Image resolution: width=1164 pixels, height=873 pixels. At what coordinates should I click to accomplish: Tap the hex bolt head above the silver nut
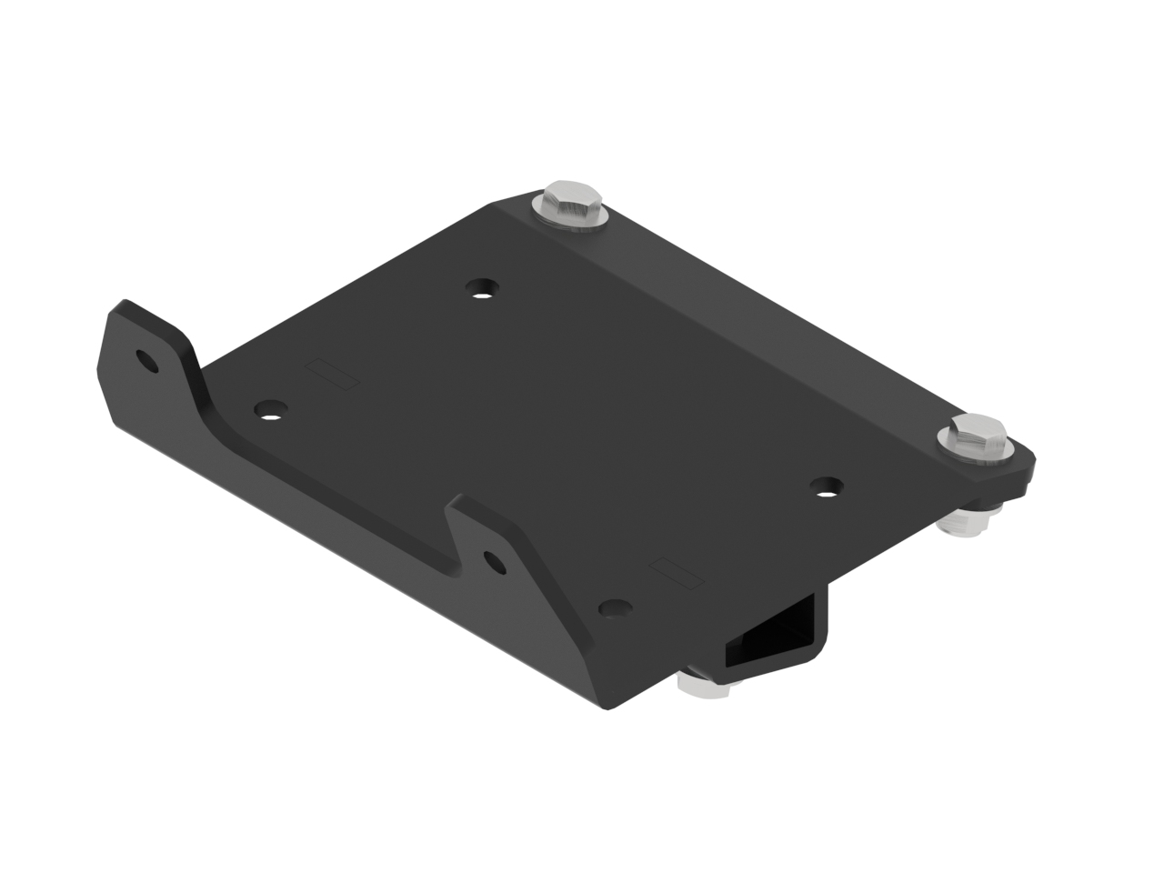point(975,434)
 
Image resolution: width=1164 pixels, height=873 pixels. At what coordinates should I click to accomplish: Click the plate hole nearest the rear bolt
point(483,289)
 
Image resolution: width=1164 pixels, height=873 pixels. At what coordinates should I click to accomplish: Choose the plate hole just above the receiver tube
point(616,607)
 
